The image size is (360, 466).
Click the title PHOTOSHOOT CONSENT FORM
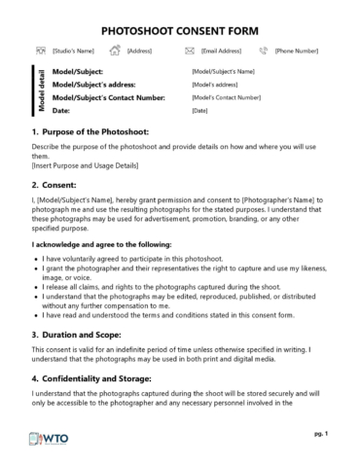pyautogui.click(x=180, y=30)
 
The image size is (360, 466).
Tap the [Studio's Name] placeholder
pyautogui.click(x=73, y=51)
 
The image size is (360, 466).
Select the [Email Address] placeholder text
pyautogui.click(x=222, y=51)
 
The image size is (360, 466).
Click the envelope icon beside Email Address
pyautogui.click(x=191, y=51)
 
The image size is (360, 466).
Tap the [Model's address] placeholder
pyautogui.click(x=216, y=85)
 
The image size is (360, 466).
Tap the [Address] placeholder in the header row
pyautogui.click(x=139, y=51)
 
